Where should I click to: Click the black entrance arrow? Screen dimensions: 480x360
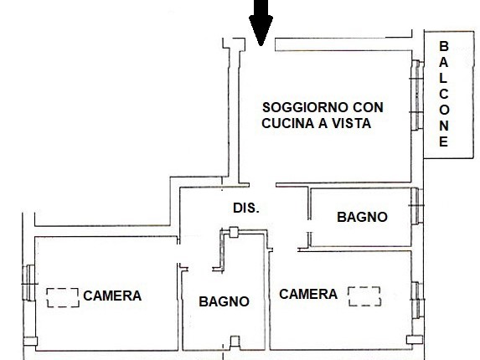click(261, 22)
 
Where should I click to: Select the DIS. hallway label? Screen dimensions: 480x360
click(246, 208)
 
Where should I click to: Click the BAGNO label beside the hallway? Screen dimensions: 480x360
click(362, 217)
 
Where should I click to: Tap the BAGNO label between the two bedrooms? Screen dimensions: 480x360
click(224, 301)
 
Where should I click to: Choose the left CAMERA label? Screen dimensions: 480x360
click(112, 296)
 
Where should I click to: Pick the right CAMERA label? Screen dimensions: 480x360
click(308, 294)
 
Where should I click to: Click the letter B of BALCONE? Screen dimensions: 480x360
click(444, 47)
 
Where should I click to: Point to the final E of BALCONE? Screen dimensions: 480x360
click(444, 141)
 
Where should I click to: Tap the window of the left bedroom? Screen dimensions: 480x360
click(28, 283)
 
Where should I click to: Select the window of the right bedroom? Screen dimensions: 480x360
click(416, 301)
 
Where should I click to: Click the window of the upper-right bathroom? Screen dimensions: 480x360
click(416, 206)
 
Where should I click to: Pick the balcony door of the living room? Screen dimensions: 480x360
click(416, 95)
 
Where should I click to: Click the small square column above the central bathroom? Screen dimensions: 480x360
click(234, 232)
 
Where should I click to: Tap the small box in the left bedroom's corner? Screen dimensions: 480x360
click(30, 342)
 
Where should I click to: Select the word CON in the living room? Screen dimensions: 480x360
click(368, 107)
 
